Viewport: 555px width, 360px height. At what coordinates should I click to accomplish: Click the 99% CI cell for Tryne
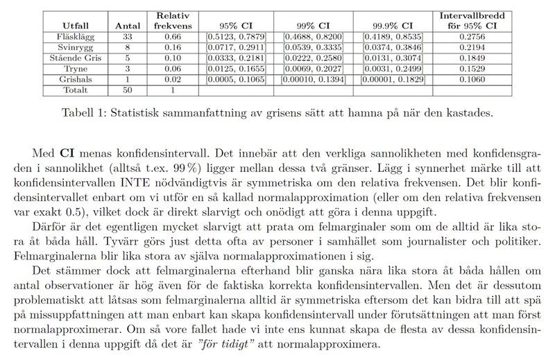(314, 69)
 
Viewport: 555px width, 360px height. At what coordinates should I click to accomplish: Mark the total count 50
(126, 90)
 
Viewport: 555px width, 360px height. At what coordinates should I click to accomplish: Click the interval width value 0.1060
(471, 80)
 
